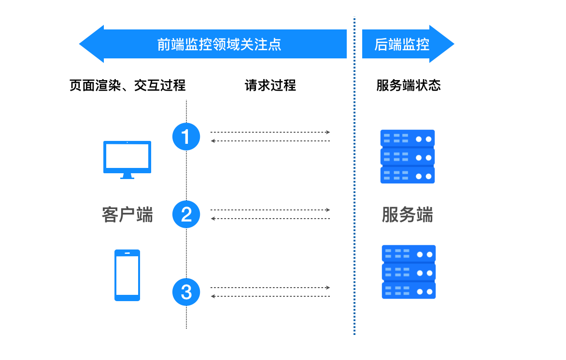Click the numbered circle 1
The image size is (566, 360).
tap(186, 137)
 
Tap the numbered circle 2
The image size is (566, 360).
tap(186, 214)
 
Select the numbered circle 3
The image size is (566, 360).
tap(186, 292)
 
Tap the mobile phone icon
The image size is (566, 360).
tap(127, 275)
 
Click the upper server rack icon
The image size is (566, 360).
tap(408, 156)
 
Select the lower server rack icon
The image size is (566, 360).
tap(409, 272)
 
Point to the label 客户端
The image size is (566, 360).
tap(127, 215)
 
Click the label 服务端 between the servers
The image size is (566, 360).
tap(407, 215)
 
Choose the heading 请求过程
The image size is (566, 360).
tap(270, 86)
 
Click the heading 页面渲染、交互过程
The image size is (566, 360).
tap(127, 86)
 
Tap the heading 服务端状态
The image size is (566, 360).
tap(408, 86)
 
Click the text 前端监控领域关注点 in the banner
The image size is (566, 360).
tap(219, 44)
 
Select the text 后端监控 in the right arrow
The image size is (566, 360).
tap(402, 44)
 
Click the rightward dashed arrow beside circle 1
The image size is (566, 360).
tap(270, 132)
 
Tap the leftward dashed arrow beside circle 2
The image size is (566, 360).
tap(270, 219)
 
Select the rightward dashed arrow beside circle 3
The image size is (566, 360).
tap(270, 288)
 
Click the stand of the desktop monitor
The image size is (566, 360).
tap(127, 176)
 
